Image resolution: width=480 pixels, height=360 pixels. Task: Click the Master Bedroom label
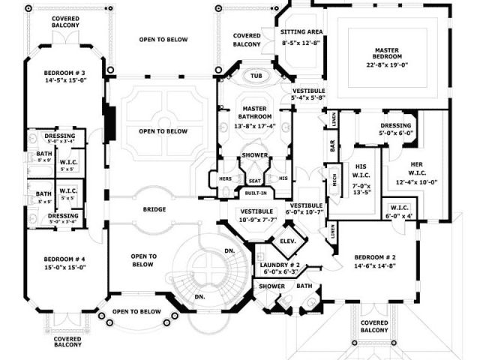[391, 55]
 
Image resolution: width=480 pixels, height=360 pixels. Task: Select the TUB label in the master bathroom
[255, 76]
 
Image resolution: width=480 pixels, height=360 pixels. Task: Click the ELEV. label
[287, 243]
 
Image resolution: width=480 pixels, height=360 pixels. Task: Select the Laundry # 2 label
[280, 265]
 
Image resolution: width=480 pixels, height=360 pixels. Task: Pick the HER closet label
[417, 164]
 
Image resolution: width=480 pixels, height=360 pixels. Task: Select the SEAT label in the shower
[255, 180]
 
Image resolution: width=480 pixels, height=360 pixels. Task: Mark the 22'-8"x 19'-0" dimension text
[391, 64]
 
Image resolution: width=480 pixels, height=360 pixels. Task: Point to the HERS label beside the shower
[225, 178]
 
